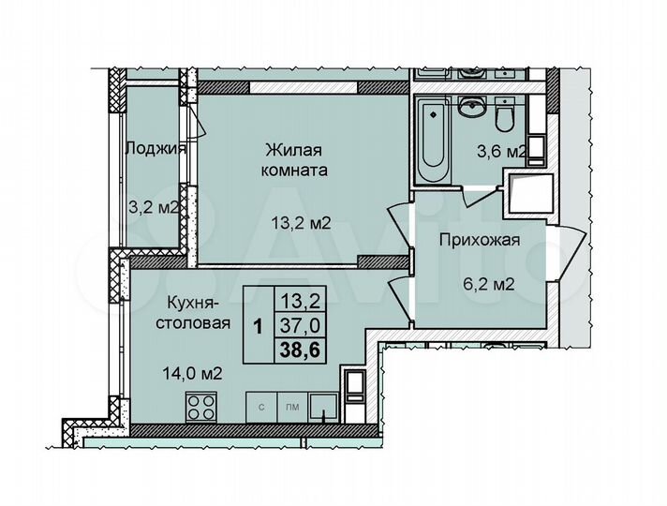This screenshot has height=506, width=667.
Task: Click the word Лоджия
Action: (156, 148)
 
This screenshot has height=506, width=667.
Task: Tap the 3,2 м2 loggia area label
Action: (156, 205)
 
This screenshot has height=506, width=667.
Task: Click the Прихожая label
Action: (481, 241)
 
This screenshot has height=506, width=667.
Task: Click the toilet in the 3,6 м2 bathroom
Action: (505, 116)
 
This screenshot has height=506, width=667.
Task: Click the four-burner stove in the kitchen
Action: (202, 408)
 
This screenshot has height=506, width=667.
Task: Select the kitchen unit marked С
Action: (260, 409)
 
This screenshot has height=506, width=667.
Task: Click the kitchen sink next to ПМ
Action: (324, 408)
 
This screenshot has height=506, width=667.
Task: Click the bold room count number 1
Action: (257, 324)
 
